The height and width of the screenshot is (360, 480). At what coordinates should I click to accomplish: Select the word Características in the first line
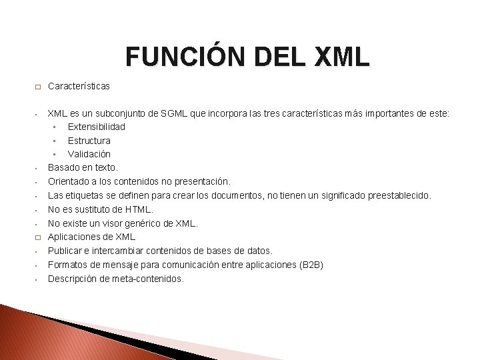79,86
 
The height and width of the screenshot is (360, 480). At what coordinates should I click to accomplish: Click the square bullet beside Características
38,87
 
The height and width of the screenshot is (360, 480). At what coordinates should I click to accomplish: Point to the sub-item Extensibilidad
97,127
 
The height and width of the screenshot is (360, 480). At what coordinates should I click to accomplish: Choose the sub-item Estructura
89,141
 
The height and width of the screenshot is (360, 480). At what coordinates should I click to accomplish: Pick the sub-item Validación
89,154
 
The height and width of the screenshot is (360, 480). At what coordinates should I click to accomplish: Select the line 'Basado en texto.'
83,168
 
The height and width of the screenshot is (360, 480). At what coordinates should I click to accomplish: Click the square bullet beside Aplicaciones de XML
38,237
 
